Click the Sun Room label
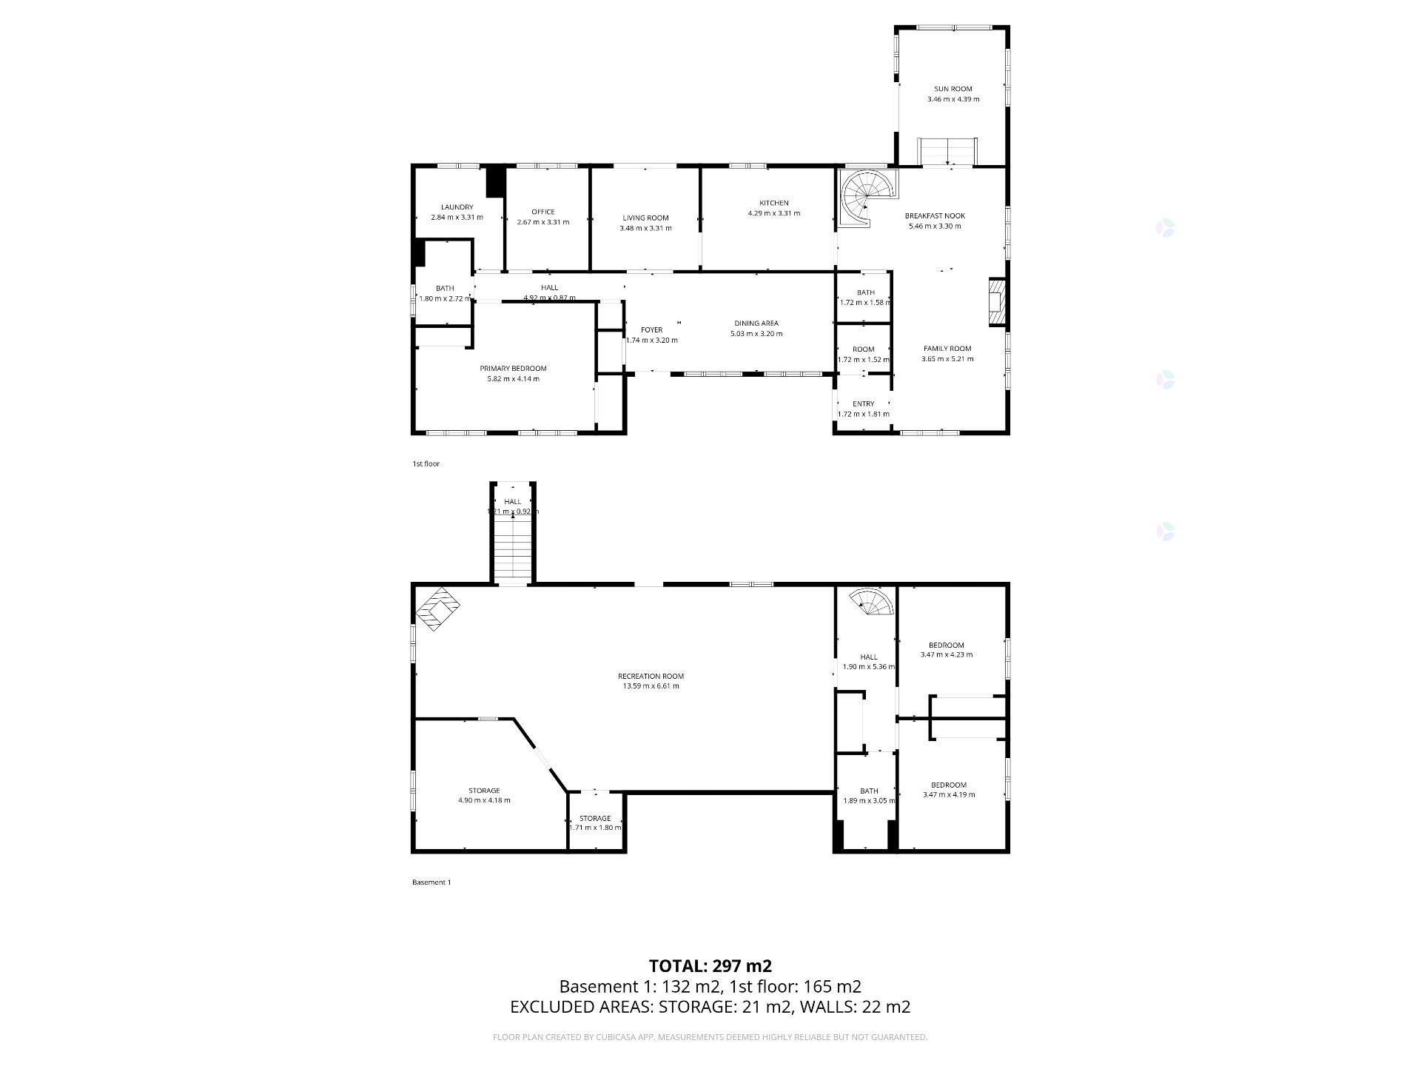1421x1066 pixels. point(953,89)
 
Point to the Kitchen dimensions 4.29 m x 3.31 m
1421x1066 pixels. point(773,213)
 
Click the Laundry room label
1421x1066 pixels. point(457,207)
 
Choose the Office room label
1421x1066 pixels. point(542,212)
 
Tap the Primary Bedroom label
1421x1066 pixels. point(513,369)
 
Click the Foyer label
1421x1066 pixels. point(651,330)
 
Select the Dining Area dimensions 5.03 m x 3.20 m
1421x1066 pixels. point(756,334)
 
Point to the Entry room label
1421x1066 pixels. point(863,404)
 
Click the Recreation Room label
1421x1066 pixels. point(651,676)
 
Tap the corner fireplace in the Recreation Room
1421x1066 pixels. point(437,609)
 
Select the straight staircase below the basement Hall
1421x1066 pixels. point(513,549)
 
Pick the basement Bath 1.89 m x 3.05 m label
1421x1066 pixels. point(869,791)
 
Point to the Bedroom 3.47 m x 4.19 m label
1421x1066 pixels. point(948,785)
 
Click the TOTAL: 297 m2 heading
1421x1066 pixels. point(710,966)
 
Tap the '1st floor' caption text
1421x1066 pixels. point(426,464)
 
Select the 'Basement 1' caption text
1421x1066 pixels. point(431,882)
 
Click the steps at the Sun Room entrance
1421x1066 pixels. point(947,152)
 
